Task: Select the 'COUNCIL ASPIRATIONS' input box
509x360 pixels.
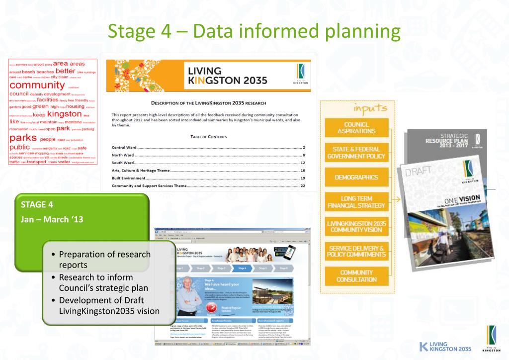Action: coord(356,127)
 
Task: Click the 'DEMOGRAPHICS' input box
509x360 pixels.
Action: coord(356,178)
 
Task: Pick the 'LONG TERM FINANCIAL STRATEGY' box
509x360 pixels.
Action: coord(356,202)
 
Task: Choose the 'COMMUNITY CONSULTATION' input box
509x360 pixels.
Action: coord(356,275)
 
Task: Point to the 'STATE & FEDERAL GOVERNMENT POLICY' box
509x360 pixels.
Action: coord(356,153)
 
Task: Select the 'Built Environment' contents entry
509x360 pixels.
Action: coord(129,178)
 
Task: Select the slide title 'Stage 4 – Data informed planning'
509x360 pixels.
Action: coord(254,31)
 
